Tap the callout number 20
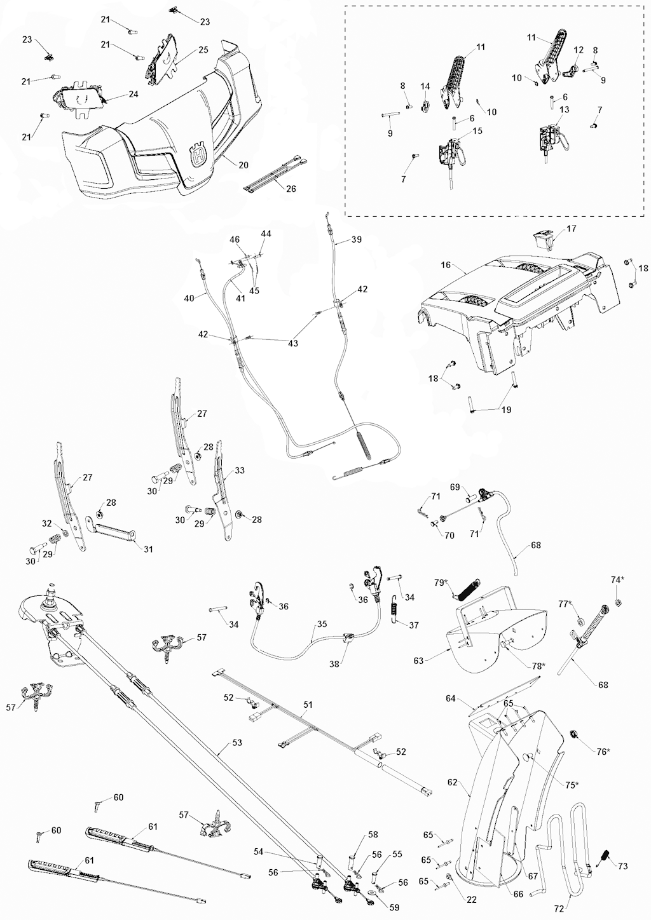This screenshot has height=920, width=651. pos(243,165)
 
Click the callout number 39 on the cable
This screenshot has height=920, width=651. pos(356,240)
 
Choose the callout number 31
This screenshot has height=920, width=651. pos(148,549)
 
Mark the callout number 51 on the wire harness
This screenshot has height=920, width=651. pos(308,704)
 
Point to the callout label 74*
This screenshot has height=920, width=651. pos(617,579)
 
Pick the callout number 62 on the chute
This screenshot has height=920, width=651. pos(453,783)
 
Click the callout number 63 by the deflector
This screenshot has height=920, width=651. pos(418,661)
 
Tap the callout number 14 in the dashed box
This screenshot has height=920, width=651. pos(425,86)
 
